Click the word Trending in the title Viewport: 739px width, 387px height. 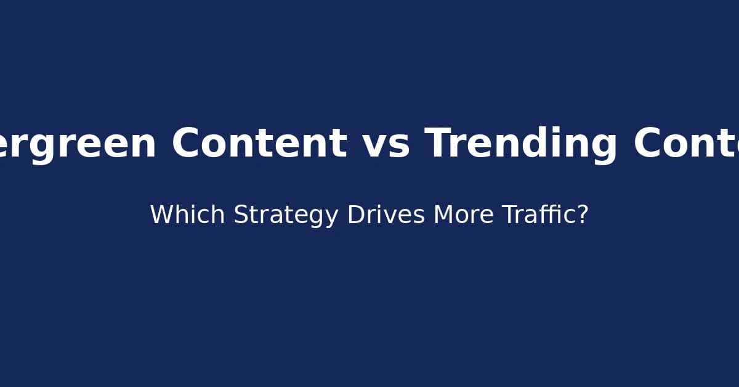click(x=520, y=144)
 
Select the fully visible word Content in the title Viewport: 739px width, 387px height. click(x=259, y=144)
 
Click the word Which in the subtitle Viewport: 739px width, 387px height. click(x=188, y=215)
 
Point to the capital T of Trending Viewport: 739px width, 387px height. click(x=438, y=144)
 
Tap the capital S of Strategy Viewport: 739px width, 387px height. click(x=241, y=215)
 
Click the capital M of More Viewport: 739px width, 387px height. click(x=443, y=215)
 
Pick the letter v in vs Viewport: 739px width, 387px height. click(x=376, y=147)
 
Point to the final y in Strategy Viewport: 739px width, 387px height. click(x=333, y=218)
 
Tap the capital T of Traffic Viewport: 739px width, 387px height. click(x=509, y=215)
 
